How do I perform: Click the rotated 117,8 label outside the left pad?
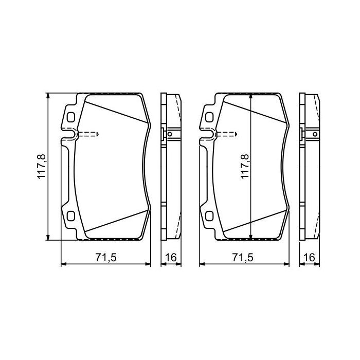point(42,167)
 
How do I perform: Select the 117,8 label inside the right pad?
point(245,167)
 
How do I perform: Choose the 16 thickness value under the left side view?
point(172,258)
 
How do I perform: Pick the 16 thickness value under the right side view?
point(310,258)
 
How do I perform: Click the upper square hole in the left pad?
point(70,117)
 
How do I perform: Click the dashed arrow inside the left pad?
point(88,135)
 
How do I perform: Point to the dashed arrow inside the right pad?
point(227,135)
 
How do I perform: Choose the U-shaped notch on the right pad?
point(209,135)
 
